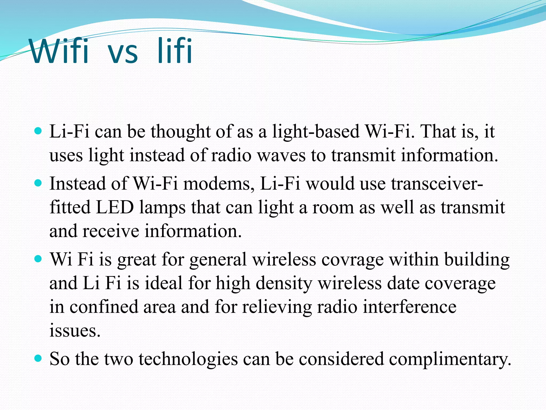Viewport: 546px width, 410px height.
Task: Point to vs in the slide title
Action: pyautogui.click(x=123, y=53)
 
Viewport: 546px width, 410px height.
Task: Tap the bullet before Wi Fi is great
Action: pyautogui.click(x=38, y=259)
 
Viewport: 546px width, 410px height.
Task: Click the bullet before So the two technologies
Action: pyautogui.click(x=38, y=358)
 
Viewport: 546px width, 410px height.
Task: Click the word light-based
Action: pyautogui.click(x=316, y=132)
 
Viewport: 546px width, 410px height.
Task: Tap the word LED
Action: pyautogui.click(x=115, y=207)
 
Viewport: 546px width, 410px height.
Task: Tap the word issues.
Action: pyautogui.click(x=75, y=330)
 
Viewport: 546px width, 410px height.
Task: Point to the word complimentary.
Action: pyautogui.click(x=450, y=359)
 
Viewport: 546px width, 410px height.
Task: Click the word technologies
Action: pyautogui.click(x=188, y=359)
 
